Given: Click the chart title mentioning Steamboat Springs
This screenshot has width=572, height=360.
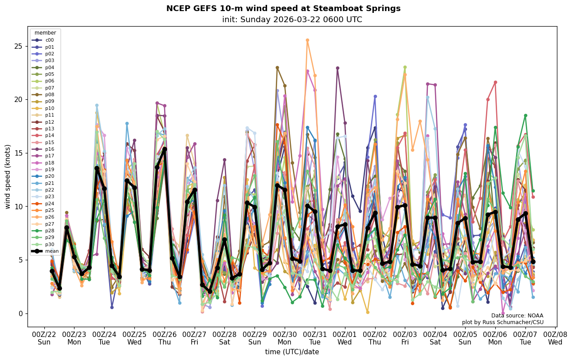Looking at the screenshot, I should pyautogui.click(x=283, y=8).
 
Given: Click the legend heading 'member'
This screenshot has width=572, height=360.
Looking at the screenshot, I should pyautogui.click(x=45, y=33).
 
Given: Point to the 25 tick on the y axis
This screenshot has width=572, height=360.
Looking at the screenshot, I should pyautogui.click(x=18, y=46).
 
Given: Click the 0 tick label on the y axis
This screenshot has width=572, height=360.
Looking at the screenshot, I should pyautogui.click(x=20, y=313).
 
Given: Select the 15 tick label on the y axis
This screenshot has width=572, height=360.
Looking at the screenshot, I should pyautogui.click(x=18, y=153).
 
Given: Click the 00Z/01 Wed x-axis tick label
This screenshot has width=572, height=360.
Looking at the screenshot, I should pyautogui.click(x=345, y=338).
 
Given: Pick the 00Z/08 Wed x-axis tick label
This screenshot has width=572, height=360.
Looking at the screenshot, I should pyautogui.click(x=555, y=338).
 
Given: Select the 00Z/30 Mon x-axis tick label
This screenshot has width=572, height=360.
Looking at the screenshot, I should pyautogui.click(x=285, y=338).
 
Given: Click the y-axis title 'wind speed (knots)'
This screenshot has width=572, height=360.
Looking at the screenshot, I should pyautogui.click(x=8, y=176).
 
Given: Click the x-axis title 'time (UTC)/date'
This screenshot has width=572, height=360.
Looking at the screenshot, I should pyautogui.click(x=292, y=352).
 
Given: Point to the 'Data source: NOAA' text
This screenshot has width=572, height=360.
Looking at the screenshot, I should pyautogui.click(x=517, y=316).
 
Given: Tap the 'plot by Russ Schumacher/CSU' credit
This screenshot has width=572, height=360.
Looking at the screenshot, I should pyautogui.click(x=502, y=322).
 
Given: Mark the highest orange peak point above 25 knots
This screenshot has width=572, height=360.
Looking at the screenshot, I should pyautogui.click(x=307, y=40).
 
